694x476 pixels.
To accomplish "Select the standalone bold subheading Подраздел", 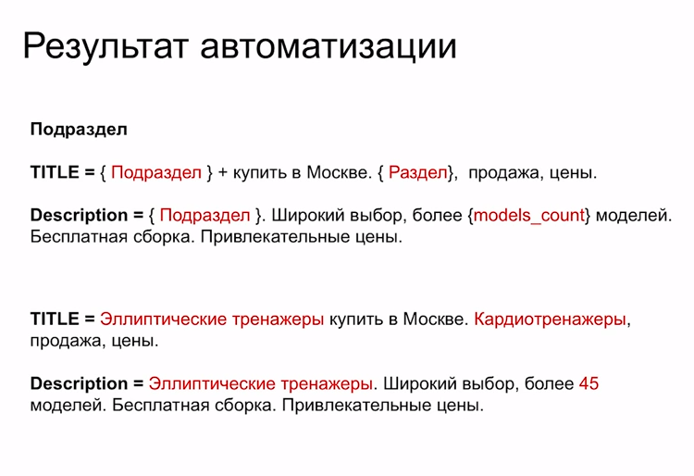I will pos(79,130).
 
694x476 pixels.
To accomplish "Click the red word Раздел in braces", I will pos(417,172).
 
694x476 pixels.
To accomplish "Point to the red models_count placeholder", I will pos(529,216).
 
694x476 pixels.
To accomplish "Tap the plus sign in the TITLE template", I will pos(223,172).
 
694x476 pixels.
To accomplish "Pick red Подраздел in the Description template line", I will pos(205,216).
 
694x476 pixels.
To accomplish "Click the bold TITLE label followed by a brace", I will pos(56,172).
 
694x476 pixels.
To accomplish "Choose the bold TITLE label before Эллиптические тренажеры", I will pos(56,319).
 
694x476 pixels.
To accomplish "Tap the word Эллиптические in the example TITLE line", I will pos(163,319).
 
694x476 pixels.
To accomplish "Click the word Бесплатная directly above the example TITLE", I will pos(70,237).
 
